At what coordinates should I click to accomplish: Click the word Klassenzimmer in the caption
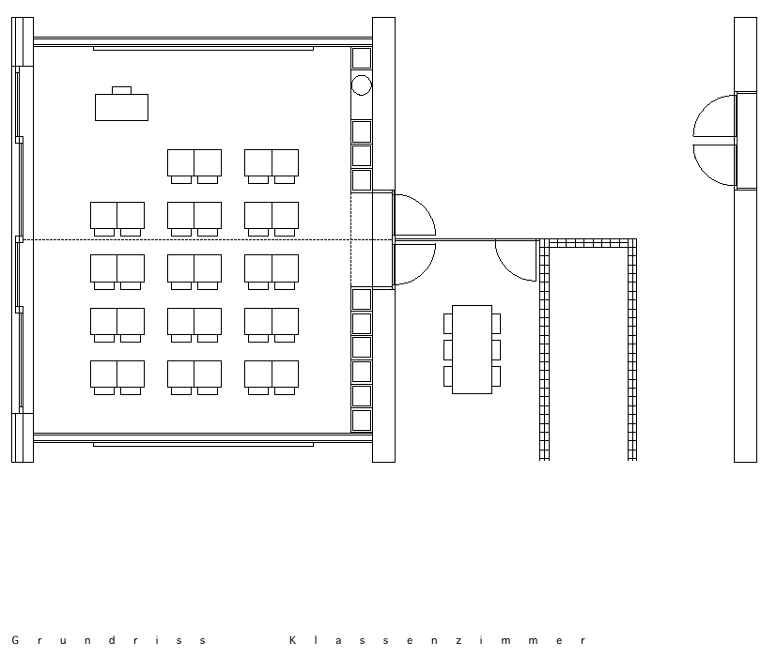[438, 640]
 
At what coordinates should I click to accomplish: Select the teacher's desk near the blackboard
[121, 107]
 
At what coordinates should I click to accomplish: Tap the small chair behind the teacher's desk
[121, 91]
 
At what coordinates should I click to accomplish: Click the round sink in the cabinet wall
[361, 85]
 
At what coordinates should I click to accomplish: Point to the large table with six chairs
[472, 349]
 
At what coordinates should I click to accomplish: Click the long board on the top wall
[203, 49]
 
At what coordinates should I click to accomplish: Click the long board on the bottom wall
[203, 445]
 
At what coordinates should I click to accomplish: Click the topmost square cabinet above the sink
[361, 58]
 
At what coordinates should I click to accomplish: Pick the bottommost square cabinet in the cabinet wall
[361, 420]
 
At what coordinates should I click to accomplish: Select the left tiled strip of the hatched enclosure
[544, 349]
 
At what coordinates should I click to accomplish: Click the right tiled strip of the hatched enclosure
[631, 349]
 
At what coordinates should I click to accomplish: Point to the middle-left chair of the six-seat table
[448, 349]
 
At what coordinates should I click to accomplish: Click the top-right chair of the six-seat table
[496, 323]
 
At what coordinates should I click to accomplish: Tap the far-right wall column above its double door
[745, 54]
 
